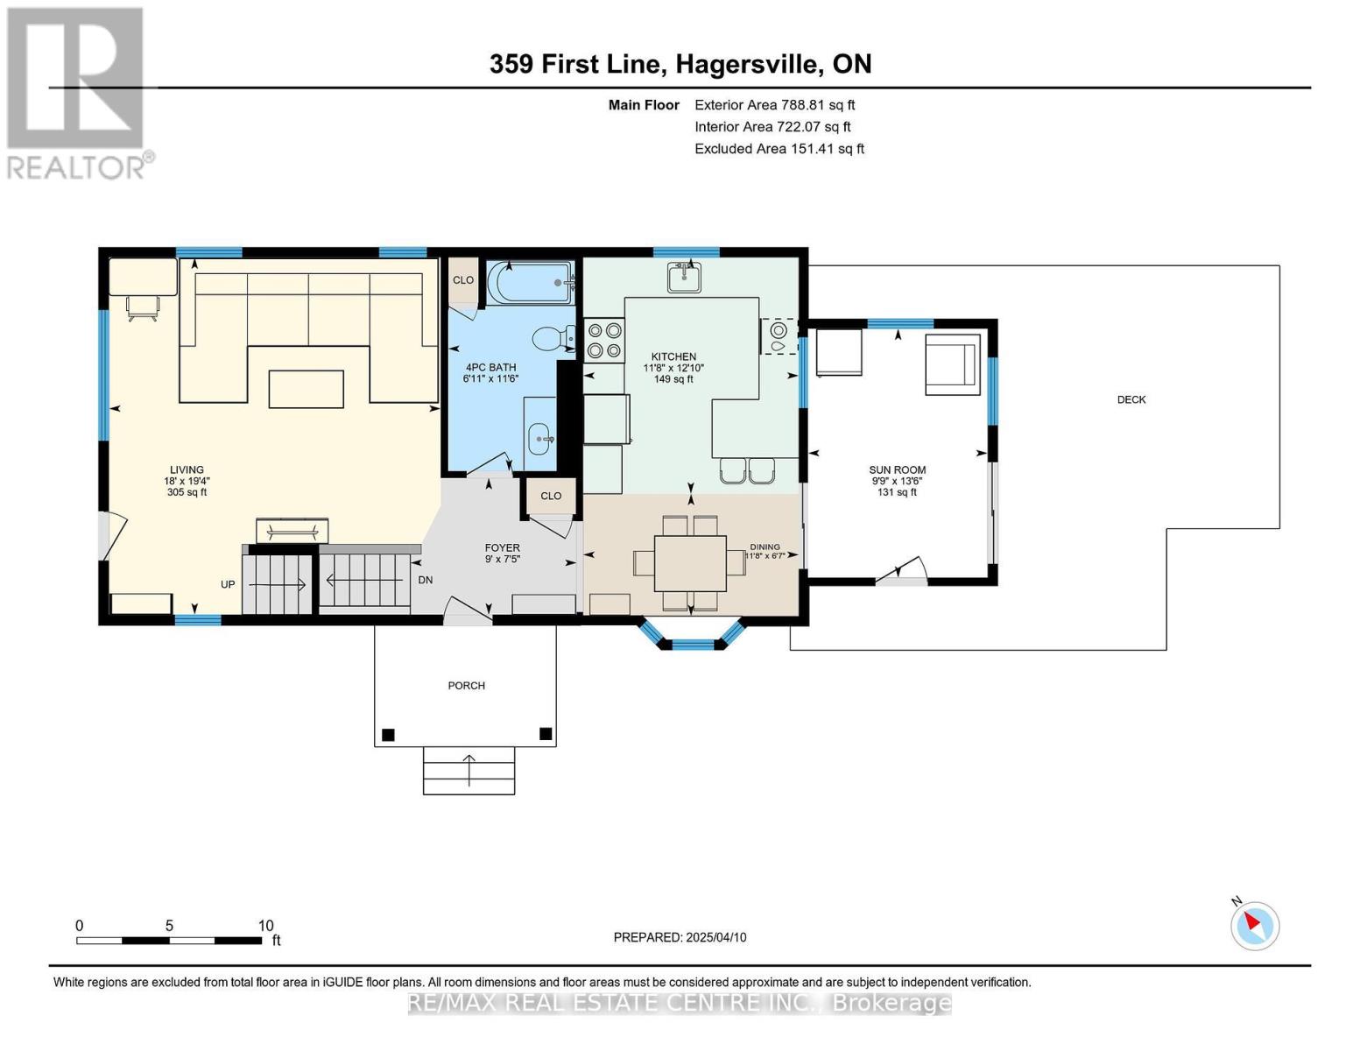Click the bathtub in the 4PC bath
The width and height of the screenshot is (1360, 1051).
pyautogui.click(x=529, y=283)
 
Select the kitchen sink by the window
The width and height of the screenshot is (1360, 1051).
pyautogui.click(x=683, y=278)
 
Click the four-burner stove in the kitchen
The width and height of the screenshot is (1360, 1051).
pyautogui.click(x=604, y=340)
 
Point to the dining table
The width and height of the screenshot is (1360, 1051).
pyautogui.click(x=690, y=563)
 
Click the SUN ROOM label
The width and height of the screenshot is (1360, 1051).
pyautogui.click(x=898, y=470)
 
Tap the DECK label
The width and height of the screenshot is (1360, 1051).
pyautogui.click(x=1131, y=399)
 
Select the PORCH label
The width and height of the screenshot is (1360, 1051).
pyautogui.click(x=466, y=686)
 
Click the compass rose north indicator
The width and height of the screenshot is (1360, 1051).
pyautogui.click(x=1254, y=925)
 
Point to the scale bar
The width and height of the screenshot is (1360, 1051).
pyautogui.click(x=169, y=941)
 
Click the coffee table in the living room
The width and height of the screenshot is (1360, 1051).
pyautogui.click(x=306, y=389)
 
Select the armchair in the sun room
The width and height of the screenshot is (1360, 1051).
pyautogui.click(x=953, y=364)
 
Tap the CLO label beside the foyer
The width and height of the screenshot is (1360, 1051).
pyautogui.click(x=551, y=496)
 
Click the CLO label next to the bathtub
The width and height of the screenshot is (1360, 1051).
pyautogui.click(x=463, y=280)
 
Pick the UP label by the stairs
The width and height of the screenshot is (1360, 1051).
pyautogui.click(x=228, y=584)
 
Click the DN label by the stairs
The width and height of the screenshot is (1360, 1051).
pyautogui.click(x=426, y=580)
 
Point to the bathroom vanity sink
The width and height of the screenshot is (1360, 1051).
pyautogui.click(x=540, y=434)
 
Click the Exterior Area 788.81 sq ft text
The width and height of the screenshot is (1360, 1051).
pyautogui.click(x=774, y=105)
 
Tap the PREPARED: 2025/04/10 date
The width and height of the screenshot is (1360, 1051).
pyautogui.click(x=680, y=937)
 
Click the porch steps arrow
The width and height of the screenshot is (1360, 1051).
pyautogui.click(x=469, y=770)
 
